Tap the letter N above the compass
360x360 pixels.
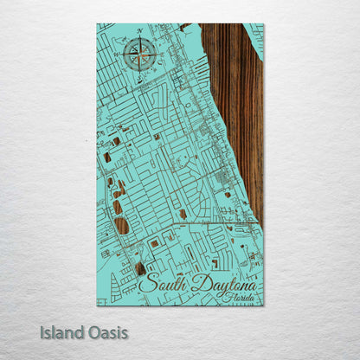pos(138,32)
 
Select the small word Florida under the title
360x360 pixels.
pos(238,297)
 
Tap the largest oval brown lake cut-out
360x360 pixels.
pos(121,226)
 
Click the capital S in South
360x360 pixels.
pos(144,283)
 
